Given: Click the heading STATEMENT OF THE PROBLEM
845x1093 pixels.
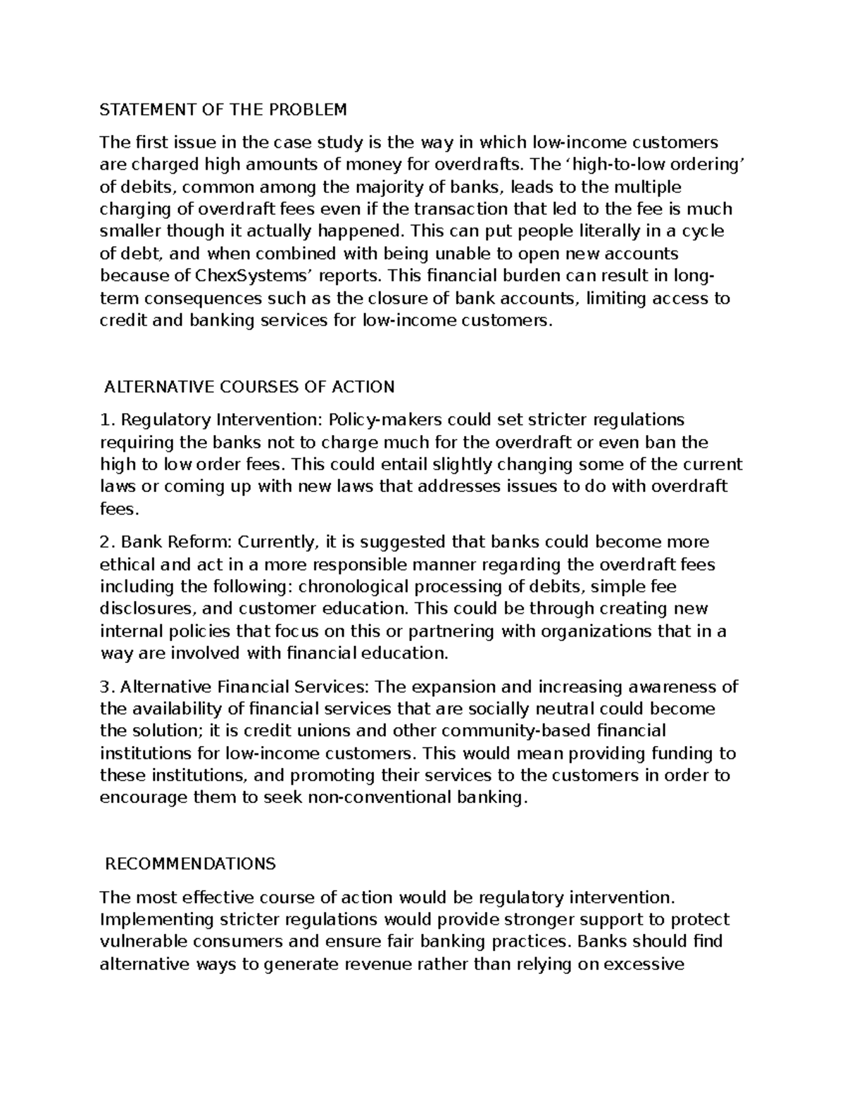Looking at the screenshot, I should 223,110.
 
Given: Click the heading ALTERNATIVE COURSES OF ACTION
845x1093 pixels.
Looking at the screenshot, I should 249,387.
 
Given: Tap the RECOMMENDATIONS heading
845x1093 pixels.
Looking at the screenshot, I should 189,864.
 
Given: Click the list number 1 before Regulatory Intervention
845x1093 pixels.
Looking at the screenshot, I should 106,420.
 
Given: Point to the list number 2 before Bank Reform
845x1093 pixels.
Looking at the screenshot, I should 106,543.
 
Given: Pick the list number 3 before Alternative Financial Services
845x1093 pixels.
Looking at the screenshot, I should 106,687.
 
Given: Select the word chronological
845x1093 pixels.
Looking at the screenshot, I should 358,587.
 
